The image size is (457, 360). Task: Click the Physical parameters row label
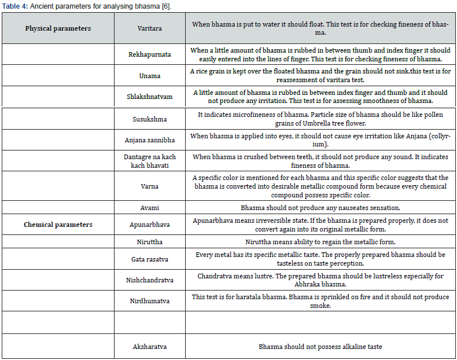(58, 28)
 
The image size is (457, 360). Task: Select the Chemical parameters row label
(58, 225)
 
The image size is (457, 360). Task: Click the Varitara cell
(149, 28)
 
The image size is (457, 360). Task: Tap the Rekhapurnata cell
(149, 55)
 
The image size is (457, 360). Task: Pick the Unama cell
(149, 76)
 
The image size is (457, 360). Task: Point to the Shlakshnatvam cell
(149, 97)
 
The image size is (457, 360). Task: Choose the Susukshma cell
(149, 119)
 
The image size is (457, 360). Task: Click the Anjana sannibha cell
(149, 140)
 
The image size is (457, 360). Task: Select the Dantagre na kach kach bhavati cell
(149, 161)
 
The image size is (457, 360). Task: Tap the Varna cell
(149, 186)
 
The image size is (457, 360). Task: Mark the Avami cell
(149, 207)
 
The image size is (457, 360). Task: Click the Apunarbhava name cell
(149, 225)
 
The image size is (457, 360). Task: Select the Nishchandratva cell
(149, 280)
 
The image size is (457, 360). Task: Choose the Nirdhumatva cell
(149, 301)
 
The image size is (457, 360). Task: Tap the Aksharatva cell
(149, 347)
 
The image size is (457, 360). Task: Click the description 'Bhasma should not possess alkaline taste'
(320, 347)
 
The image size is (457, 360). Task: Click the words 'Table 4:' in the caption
(15, 5)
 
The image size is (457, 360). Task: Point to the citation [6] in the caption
(167, 5)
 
